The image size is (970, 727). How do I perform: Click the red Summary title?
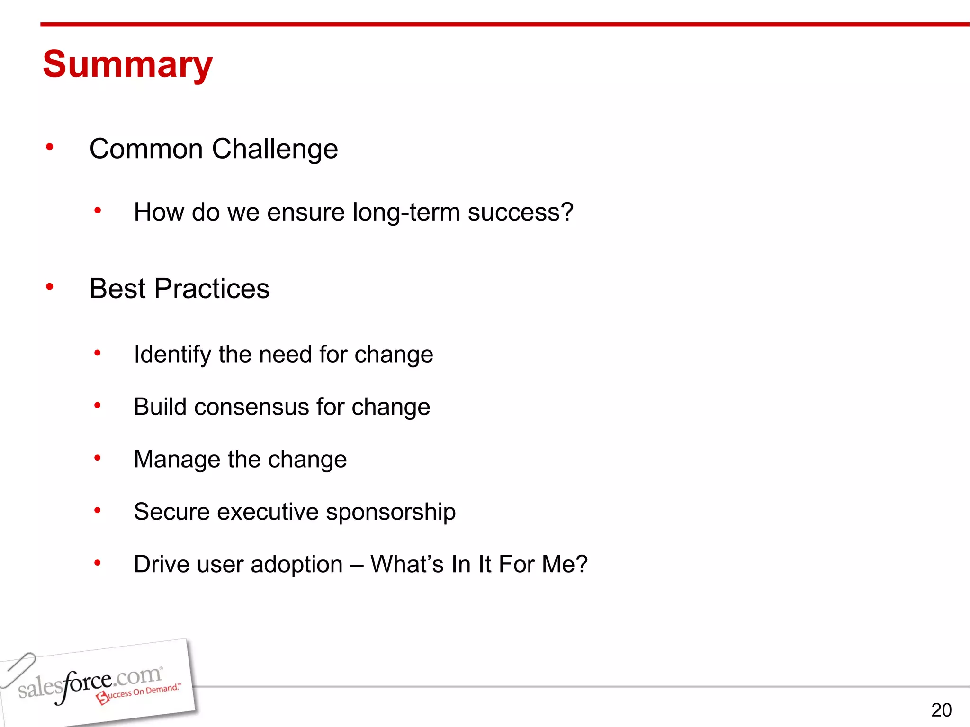(127, 64)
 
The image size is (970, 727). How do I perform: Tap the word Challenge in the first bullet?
(275, 150)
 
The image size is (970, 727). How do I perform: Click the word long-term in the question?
(406, 212)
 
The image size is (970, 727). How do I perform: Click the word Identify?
(172, 355)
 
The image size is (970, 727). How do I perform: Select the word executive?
(268, 512)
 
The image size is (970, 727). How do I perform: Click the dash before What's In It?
(356, 565)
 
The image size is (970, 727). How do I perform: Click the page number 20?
(941, 710)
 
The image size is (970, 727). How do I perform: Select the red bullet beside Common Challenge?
(50, 147)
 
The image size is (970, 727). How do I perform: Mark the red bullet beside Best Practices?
(50, 286)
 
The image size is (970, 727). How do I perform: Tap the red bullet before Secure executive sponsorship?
(98, 510)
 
